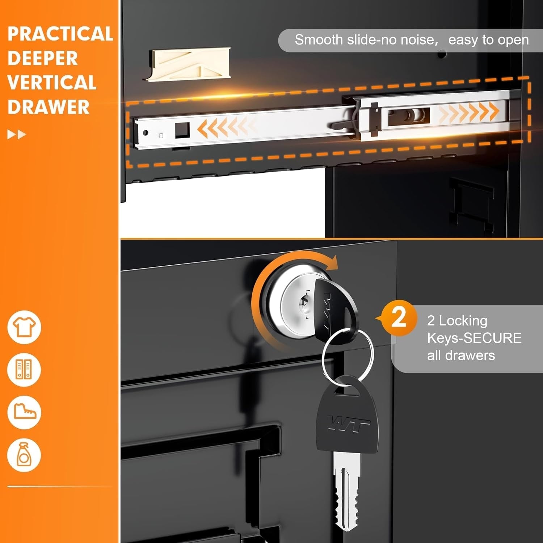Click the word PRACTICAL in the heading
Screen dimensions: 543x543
pos(60,34)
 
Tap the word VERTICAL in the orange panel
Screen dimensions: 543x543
pos(52,83)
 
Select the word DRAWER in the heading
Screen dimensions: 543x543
pos(49,107)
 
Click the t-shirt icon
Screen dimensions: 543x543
pos(24,327)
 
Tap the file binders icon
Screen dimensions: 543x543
pos(24,370)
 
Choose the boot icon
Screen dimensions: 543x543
pos(24,412)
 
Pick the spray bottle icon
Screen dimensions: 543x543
pos(24,455)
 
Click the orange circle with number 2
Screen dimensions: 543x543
pos(399,318)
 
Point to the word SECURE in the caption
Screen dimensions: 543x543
pos(493,338)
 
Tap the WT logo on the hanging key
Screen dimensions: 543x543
pos(348,424)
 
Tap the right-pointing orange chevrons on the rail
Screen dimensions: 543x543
pos(469,111)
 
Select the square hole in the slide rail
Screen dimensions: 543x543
pos(182,130)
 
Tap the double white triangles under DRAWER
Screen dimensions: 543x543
pos(17,135)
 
